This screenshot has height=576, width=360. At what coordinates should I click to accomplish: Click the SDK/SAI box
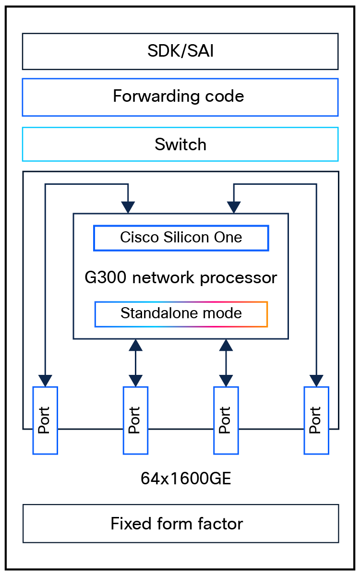(180, 51)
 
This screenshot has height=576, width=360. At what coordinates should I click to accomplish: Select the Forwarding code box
(180, 96)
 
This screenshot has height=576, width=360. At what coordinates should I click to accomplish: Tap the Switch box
(180, 144)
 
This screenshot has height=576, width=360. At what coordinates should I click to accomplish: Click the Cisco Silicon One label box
(181, 238)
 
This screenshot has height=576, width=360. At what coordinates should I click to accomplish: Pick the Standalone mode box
(181, 314)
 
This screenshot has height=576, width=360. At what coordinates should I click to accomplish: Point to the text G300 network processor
(181, 277)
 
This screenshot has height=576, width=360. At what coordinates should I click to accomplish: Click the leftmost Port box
(45, 420)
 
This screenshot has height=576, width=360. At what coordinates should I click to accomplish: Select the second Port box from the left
(135, 420)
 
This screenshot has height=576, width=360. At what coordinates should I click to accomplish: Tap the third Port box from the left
(226, 420)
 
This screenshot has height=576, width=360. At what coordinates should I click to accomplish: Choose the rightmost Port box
(316, 420)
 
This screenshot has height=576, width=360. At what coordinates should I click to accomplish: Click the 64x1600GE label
(186, 479)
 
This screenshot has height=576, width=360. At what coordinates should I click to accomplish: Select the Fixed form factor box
(180, 523)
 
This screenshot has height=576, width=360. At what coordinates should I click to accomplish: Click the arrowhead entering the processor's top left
(128, 207)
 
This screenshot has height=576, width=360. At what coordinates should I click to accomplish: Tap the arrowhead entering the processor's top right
(234, 207)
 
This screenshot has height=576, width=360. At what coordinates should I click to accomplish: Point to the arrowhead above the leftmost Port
(45, 380)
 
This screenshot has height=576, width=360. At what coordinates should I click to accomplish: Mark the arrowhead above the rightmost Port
(316, 380)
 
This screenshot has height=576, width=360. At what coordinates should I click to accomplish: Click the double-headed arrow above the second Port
(135, 363)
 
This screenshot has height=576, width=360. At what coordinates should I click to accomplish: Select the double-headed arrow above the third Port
(226, 363)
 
